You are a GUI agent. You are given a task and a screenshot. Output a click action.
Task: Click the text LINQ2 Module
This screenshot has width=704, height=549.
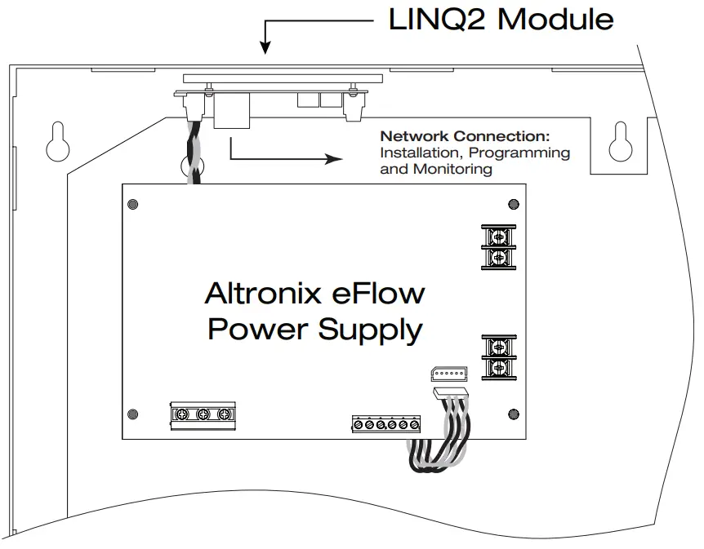pyautogui.click(x=501, y=18)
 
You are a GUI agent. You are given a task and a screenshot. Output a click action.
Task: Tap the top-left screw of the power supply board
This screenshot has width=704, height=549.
pyautogui.click(x=132, y=204)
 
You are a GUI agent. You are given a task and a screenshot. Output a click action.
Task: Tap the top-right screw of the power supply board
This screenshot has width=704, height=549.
pyautogui.click(x=512, y=204)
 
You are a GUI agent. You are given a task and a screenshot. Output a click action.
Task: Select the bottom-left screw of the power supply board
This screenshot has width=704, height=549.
pyautogui.click(x=132, y=413)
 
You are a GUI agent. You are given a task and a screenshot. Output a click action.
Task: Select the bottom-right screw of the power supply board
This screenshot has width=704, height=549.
pyautogui.click(x=512, y=413)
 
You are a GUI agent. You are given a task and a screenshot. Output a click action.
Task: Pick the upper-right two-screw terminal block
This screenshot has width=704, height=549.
pyautogui.click(x=497, y=247)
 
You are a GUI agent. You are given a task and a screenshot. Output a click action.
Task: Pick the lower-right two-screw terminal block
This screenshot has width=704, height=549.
pyautogui.click(x=497, y=357)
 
